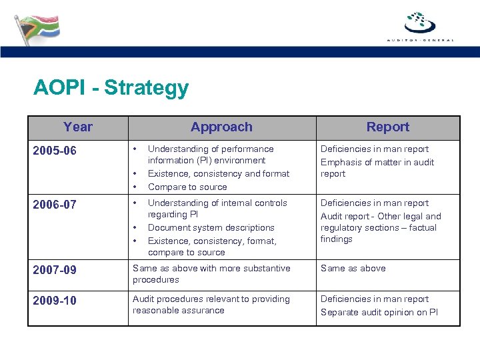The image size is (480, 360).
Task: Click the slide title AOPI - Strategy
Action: coord(111,87)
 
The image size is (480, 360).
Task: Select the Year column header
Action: coord(78,127)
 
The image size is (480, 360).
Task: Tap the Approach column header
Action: coord(221,127)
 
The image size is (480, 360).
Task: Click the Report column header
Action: coord(387,127)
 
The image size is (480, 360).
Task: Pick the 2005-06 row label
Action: coord(55,151)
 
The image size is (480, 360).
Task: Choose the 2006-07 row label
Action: coord(55,205)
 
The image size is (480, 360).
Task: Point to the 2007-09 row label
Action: coord(55,270)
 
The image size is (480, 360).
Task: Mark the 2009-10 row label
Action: coord(55,301)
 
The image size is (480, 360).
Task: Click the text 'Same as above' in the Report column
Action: coord(353,269)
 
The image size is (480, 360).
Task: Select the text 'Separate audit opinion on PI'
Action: coord(379,312)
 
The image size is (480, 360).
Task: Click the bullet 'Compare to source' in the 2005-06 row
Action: coord(187,187)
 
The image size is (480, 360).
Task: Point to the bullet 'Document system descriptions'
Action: coord(211,228)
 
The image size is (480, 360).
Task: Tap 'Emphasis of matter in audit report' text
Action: coord(377,167)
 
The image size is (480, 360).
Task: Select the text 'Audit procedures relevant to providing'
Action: coord(211,299)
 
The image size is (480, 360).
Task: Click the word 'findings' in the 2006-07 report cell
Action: coord(337,239)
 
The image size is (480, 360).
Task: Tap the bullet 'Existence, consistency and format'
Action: coord(218,174)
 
